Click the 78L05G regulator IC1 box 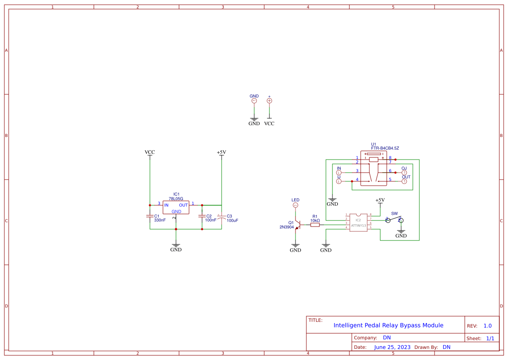[176, 208]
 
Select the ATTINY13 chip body [359, 222]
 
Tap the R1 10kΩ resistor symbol [315, 225]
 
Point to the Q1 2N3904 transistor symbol [297, 225]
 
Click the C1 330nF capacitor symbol [150, 216]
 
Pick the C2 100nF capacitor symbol [202, 216]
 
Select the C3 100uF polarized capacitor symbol [221, 216]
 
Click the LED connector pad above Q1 [296, 205]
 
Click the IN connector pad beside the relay [339, 173]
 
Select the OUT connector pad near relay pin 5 [404, 181]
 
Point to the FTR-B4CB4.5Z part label [385, 148]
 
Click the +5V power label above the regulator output [221, 153]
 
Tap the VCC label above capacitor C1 [149, 153]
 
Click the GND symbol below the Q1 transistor [296, 247]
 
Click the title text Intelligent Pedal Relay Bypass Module [388, 325]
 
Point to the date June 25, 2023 [392, 347]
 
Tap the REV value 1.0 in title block [487, 326]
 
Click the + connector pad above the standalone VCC [269, 101]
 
